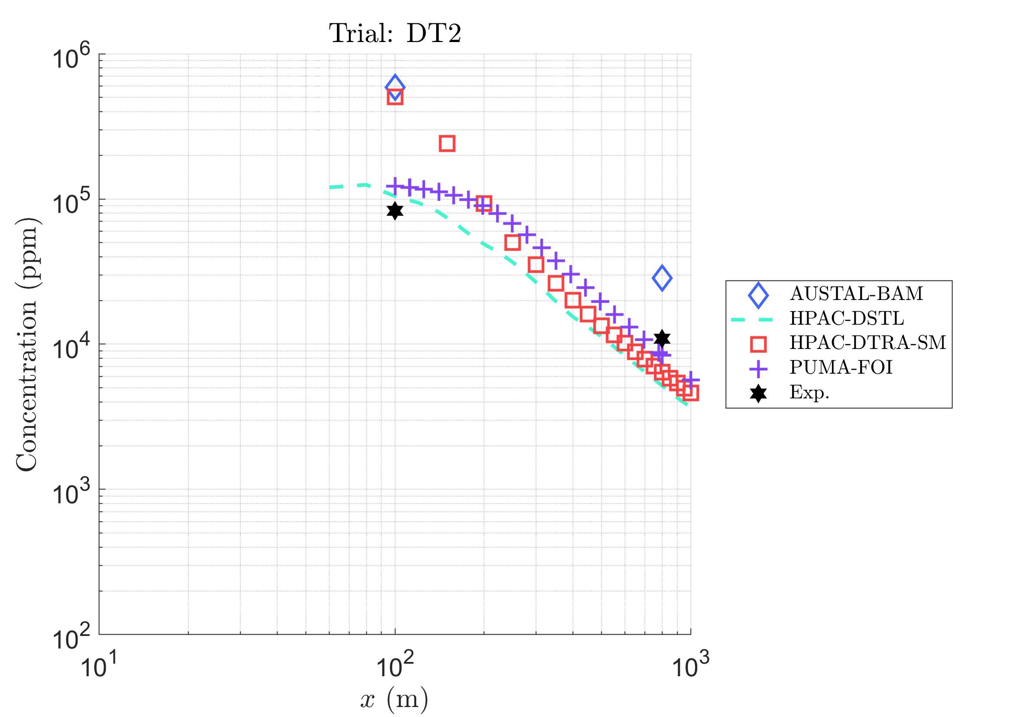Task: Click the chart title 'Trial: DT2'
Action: coord(395,33)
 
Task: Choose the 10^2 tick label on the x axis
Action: coord(395,665)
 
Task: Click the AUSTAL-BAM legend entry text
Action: coord(856,293)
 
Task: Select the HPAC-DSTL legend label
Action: coord(847,318)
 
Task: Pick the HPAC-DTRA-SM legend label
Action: coord(868,342)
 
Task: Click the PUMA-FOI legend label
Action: coord(841,367)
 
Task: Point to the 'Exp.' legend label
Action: coord(809,392)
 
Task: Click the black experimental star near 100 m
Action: coord(395,211)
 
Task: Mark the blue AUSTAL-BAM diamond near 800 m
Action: coord(662,278)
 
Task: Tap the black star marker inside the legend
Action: coord(758,394)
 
